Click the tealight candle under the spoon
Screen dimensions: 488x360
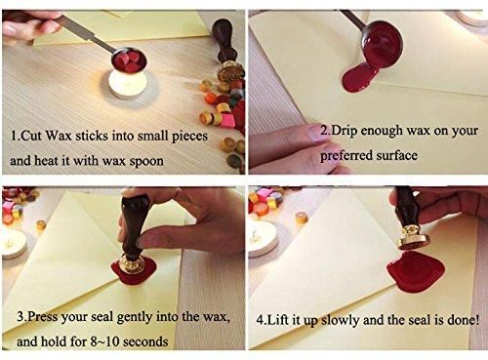(128, 83)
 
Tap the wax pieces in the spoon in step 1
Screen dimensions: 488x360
(128, 61)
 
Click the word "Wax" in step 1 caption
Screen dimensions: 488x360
(59, 136)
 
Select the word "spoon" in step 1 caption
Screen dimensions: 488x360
(146, 161)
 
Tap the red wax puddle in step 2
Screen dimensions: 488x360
(358, 78)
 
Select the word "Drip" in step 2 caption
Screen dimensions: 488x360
(345, 131)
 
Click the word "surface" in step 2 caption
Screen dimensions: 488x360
(397, 155)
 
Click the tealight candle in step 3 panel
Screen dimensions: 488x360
(13, 243)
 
